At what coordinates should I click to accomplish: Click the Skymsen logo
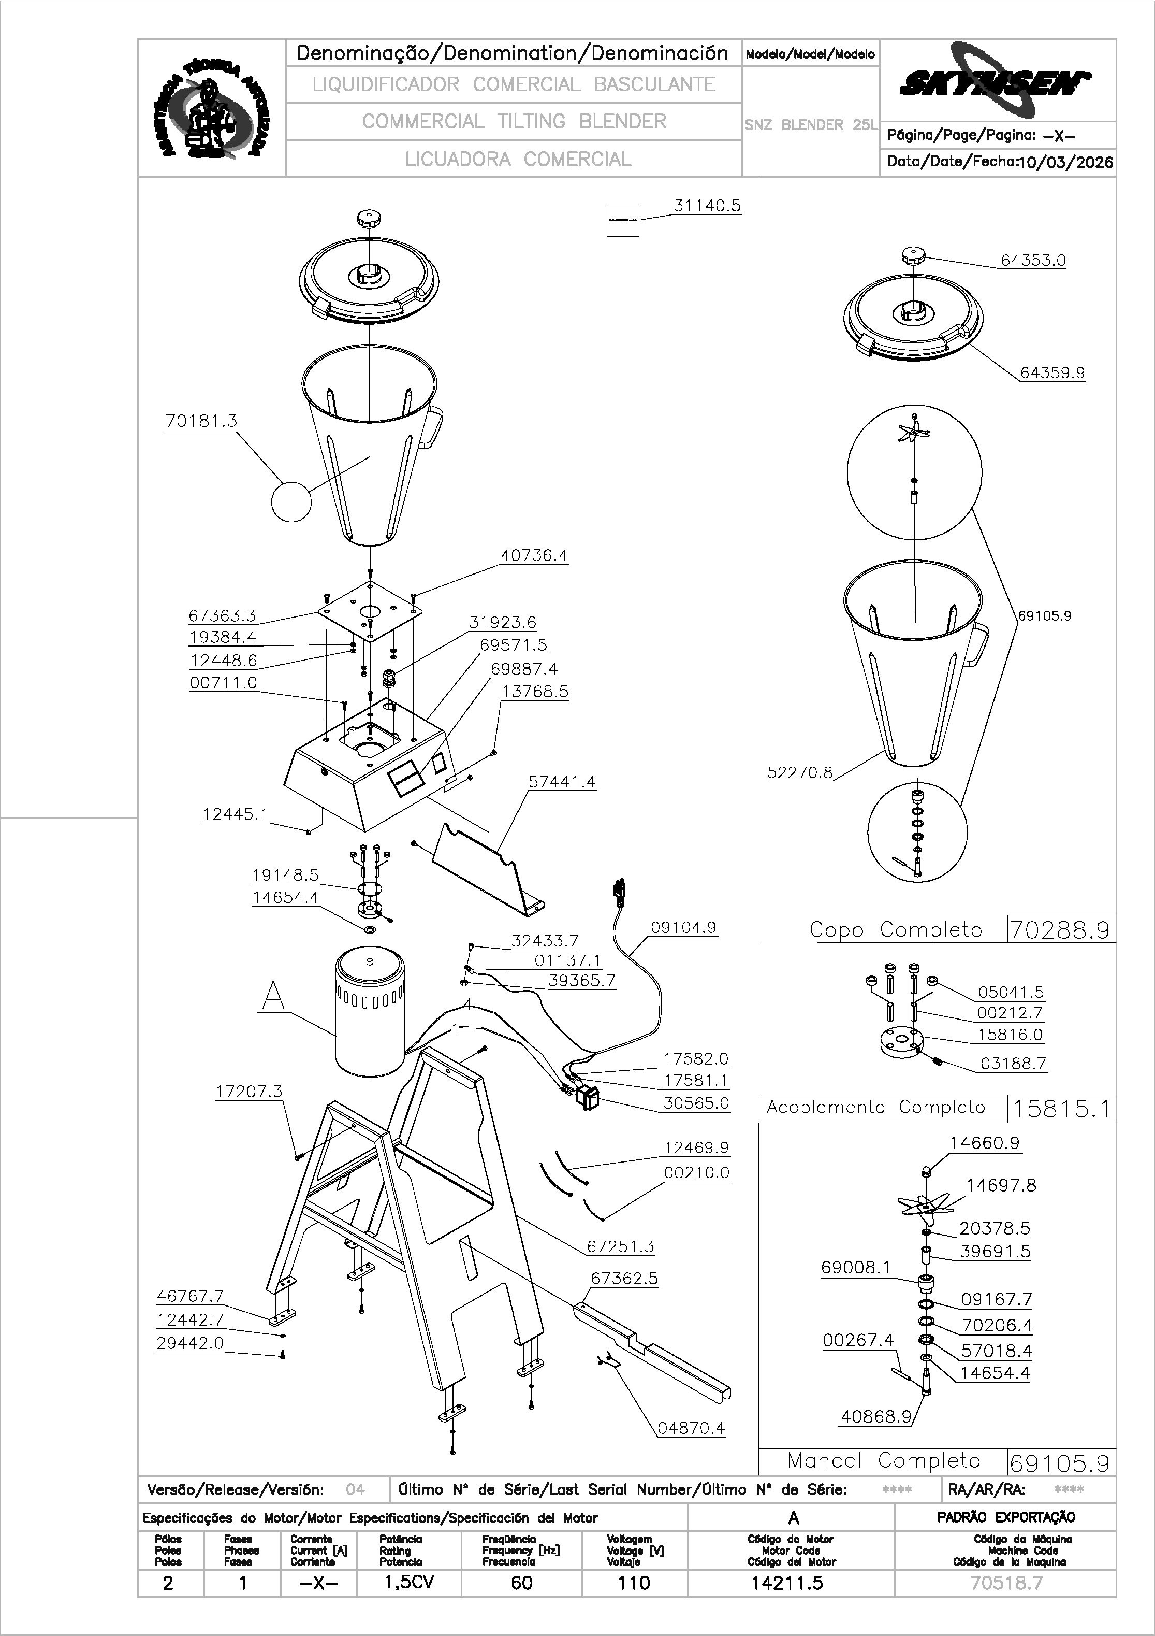click(994, 80)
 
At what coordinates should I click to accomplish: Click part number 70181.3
click(201, 421)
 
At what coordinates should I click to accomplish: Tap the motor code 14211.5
click(787, 1583)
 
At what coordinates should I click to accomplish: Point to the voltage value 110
click(633, 1583)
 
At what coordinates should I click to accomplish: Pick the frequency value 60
click(521, 1583)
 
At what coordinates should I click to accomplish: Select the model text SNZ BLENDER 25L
click(810, 125)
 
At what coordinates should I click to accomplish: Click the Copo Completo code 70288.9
click(1060, 930)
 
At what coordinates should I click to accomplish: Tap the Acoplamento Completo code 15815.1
click(1060, 1109)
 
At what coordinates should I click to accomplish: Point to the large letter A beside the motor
click(273, 996)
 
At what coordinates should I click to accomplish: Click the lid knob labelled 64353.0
click(913, 256)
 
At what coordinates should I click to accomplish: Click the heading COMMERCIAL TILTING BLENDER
click(514, 122)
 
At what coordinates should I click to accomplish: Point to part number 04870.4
click(690, 1428)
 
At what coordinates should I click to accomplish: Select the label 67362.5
click(624, 1279)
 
